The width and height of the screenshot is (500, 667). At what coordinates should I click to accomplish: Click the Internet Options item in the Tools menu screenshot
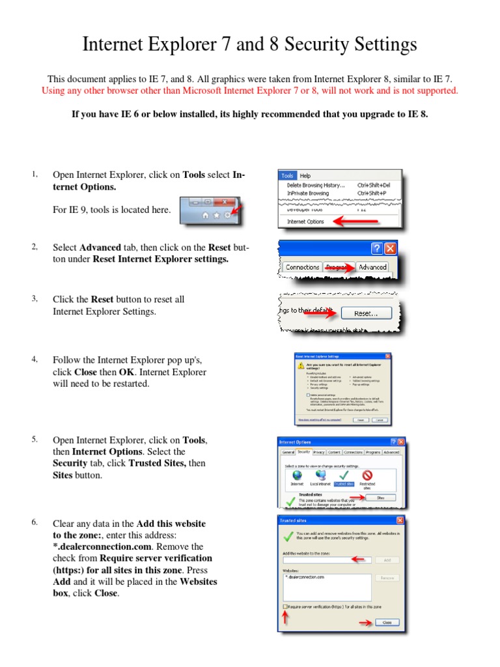coord(306,221)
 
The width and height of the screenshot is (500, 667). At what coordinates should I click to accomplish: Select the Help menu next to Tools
coord(305,175)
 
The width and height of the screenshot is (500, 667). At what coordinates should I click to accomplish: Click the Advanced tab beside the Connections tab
coord(372,267)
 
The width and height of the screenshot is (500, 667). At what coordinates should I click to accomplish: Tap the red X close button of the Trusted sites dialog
coord(400,520)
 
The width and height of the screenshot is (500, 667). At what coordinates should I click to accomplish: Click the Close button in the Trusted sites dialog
coord(387,622)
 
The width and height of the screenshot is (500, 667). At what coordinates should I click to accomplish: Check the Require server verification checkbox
coord(285,607)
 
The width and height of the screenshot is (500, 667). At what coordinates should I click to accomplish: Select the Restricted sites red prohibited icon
coord(367,475)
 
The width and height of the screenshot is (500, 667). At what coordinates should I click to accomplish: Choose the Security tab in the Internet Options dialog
coord(304,452)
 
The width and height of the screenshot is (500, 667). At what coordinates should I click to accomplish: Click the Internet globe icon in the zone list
coord(297,475)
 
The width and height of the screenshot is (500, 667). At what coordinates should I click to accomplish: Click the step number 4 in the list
coord(34,359)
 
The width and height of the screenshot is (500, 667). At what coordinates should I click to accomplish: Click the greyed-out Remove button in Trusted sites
coord(387,578)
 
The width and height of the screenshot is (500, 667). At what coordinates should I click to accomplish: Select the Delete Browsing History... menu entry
coord(316,185)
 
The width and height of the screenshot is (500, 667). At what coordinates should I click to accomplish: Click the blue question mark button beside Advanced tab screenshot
coord(376,249)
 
